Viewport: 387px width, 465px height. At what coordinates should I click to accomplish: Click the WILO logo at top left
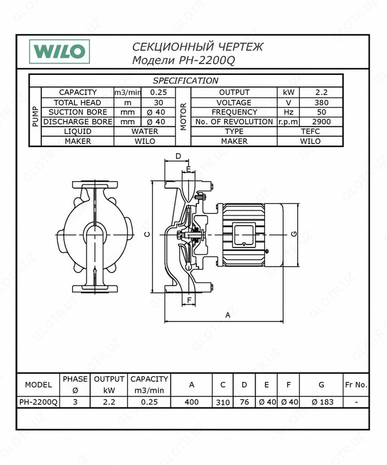(59, 52)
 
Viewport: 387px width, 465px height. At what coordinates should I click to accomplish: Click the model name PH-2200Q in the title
(207, 60)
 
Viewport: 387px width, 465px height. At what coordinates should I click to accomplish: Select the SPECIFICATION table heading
(185, 81)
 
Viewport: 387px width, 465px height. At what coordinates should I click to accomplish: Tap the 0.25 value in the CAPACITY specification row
(159, 92)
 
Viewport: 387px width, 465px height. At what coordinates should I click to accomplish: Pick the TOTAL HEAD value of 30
(159, 103)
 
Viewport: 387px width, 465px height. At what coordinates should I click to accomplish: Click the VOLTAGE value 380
(321, 103)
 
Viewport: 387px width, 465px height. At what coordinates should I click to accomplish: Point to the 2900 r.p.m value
(321, 121)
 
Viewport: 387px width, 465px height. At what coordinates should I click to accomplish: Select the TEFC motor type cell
(310, 131)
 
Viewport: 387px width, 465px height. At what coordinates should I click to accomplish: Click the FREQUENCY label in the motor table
(234, 112)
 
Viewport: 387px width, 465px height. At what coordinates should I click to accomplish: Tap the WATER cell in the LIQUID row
(145, 131)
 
